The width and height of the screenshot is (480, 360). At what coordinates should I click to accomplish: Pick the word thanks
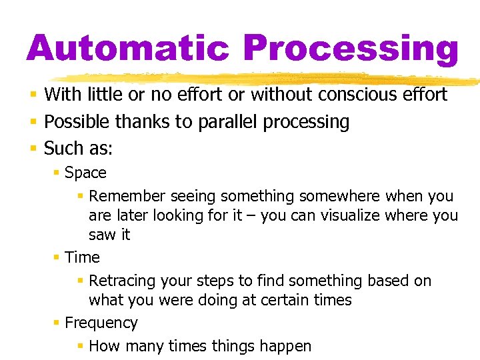(139, 122)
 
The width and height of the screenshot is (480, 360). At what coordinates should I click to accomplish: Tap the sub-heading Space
(85, 173)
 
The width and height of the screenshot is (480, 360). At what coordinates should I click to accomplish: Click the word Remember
(127, 196)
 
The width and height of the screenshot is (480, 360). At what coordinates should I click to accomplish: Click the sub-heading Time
(82, 257)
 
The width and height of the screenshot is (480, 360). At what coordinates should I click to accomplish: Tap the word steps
(241, 281)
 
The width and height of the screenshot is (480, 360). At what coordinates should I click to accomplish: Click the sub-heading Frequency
(101, 323)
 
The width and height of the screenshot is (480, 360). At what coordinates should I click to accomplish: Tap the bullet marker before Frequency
(56, 323)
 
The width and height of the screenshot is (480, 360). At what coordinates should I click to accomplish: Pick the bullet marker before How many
(80, 346)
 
